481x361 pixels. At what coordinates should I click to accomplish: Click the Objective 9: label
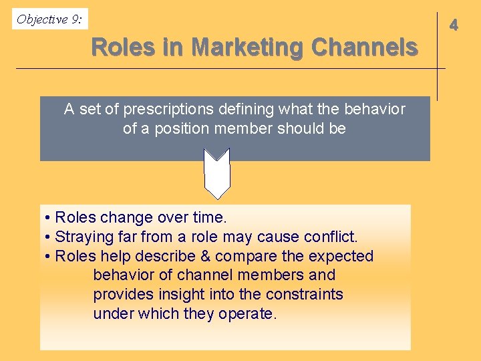49,19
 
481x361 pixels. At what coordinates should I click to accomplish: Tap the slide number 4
454,25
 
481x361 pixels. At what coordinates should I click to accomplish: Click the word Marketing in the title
246,47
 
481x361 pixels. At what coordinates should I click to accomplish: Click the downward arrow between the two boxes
216,173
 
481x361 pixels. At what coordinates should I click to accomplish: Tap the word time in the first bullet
208,218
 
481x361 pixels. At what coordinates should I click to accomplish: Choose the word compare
242,256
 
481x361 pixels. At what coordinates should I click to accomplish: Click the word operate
247,314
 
